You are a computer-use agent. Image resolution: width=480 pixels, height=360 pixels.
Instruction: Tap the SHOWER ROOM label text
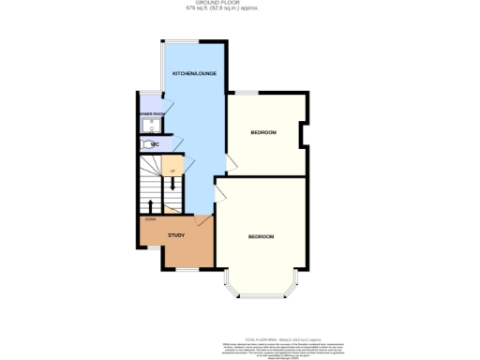pos(152,113)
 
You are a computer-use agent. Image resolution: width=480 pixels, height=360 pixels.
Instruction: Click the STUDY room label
pos(176,235)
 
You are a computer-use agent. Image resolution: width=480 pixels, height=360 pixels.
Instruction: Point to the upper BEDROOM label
pos(263,133)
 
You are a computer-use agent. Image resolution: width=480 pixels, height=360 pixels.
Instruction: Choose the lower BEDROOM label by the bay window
pos(261,236)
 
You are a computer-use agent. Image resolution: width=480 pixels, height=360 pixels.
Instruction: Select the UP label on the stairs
pos(172,171)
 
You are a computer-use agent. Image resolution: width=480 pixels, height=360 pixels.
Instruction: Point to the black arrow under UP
pos(172,184)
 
